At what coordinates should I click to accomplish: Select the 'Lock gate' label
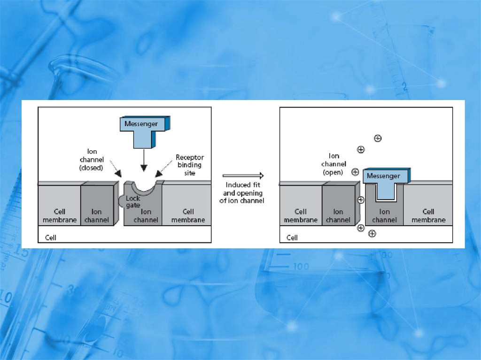point(133,201)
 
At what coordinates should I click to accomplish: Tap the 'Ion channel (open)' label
point(334,164)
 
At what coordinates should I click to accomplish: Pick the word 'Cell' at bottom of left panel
point(50,237)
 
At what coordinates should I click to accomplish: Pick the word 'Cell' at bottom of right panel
point(292,237)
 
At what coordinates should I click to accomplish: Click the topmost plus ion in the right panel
point(378,138)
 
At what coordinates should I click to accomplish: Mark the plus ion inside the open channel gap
point(361,200)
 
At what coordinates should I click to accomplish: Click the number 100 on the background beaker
point(301,267)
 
